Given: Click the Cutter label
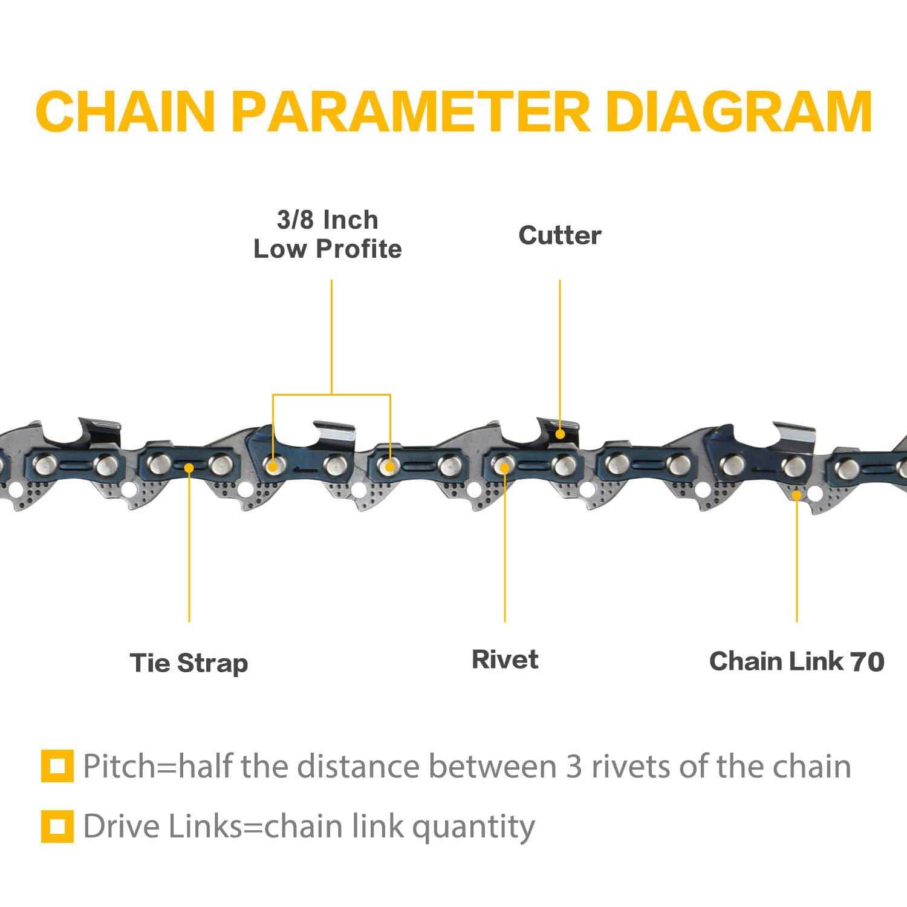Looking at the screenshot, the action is click(560, 235).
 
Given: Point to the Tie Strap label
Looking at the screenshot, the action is click(189, 663).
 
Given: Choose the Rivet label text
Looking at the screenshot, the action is click(505, 659).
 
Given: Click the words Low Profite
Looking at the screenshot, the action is click(327, 249).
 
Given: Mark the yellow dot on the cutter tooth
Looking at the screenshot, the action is click(561, 434).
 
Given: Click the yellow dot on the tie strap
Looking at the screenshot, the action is click(189, 467).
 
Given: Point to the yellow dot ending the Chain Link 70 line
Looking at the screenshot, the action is click(797, 495).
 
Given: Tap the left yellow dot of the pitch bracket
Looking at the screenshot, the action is click(273, 467).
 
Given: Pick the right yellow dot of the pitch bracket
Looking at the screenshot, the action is click(391, 467).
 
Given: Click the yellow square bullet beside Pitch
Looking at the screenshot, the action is click(57, 766).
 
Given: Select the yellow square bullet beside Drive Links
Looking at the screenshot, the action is click(57, 827).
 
